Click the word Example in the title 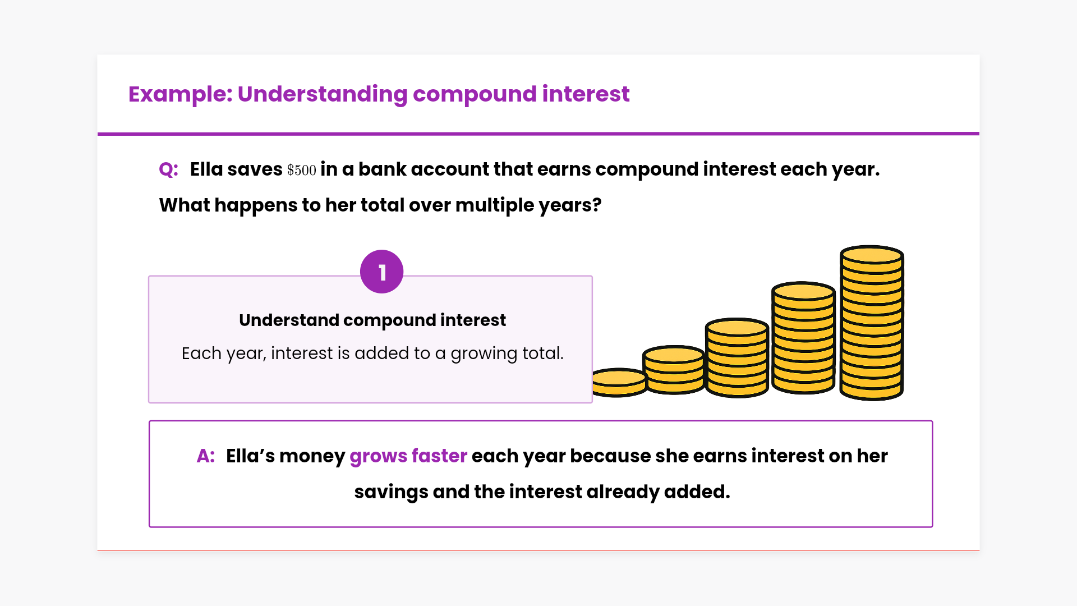point(180,94)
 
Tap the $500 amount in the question point(302,170)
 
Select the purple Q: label point(169,169)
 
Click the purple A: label point(206,456)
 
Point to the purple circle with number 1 point(382,272)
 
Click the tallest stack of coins point(872,323)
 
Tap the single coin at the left point(619,383)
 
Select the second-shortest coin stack point(674,370)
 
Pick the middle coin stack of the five point(737,358)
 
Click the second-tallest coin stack point(803,338)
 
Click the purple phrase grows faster point(408,456)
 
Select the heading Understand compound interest point(372,320)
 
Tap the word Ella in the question point(206,169)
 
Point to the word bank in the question point(382,169)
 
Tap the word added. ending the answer point(697,492)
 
